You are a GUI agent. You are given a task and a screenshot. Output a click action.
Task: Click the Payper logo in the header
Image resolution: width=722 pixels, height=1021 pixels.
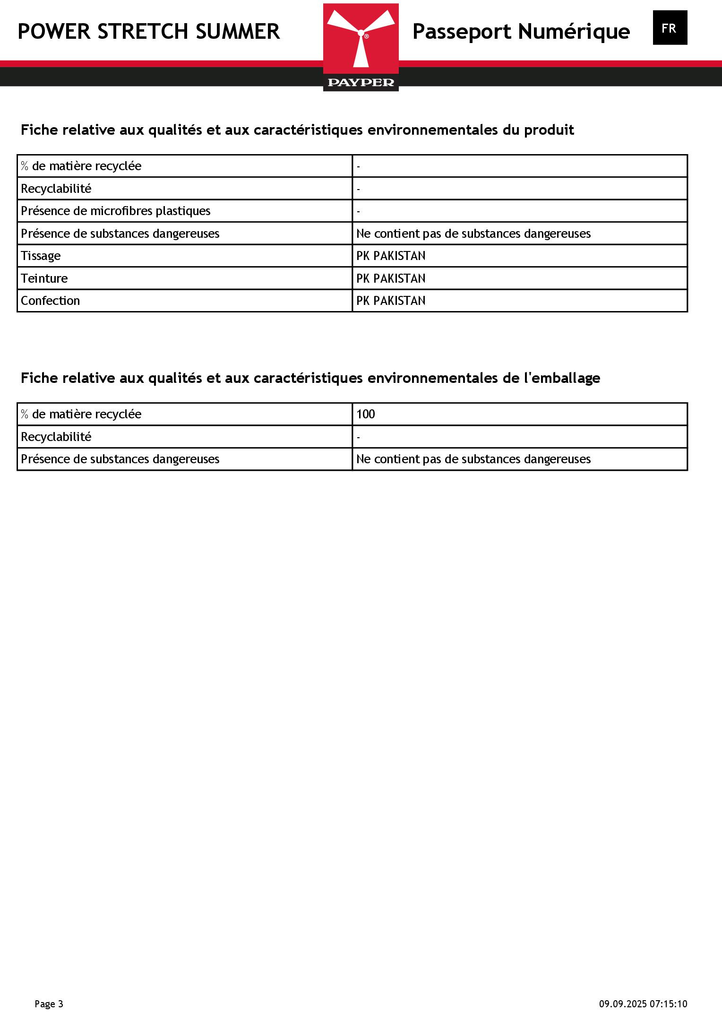coord(361,43)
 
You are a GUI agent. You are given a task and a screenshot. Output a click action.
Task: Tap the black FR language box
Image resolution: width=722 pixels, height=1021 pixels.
coord(670,28)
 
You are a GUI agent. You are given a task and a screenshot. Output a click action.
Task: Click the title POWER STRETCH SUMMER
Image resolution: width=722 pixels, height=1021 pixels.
coord(149,32)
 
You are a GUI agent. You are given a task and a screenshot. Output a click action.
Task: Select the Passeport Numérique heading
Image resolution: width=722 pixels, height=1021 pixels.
coord(521,32)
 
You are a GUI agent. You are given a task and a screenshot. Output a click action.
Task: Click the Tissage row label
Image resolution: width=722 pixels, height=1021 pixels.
coord(41,256)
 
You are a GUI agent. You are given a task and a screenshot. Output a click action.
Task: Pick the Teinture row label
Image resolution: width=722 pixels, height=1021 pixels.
coord(44,278)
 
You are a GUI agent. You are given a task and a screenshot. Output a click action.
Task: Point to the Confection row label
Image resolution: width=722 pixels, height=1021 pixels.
coord(50,301)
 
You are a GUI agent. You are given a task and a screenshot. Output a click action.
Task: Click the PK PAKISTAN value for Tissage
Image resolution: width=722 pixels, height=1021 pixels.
coord(391,256)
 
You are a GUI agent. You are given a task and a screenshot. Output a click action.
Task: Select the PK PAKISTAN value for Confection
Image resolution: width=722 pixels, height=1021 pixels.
coord(391,301)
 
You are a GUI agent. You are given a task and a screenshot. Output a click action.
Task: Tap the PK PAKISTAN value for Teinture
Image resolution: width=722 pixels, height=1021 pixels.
coord(391,278)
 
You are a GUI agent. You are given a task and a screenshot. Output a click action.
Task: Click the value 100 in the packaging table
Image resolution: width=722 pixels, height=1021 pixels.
coord(365,414)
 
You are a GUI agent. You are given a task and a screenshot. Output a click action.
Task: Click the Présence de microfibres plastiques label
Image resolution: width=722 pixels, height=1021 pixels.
coord(116,211)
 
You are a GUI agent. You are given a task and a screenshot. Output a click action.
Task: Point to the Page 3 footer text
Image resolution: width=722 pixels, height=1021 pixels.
coord(49,1004)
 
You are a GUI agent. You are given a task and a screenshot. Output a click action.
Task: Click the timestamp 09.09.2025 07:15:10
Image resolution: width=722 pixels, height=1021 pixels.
coord(643,1004)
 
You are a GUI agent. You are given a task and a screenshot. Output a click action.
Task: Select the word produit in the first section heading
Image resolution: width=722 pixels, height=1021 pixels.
coord(549,130)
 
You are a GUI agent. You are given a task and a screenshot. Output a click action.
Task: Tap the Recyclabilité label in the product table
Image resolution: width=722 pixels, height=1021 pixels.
coord(56,189)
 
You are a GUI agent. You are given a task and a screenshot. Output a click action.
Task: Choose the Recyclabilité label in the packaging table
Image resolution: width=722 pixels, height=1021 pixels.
coord(56,437)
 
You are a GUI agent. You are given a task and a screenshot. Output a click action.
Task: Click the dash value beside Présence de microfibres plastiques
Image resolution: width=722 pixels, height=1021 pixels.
coord(359,211)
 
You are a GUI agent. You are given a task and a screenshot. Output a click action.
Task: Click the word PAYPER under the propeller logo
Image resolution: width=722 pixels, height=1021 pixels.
coord(361,83)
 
